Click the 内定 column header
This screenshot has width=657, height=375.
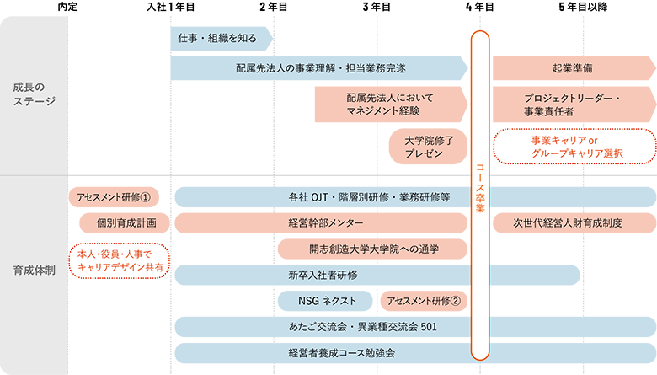pos(67,7)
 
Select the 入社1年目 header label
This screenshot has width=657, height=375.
pos(170,7)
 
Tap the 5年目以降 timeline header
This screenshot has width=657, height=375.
pos(583,7)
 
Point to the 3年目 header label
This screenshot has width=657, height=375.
pos(377,7)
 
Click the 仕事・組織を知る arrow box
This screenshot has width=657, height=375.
pos(222,39)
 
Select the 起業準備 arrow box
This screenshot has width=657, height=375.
pos(574,68)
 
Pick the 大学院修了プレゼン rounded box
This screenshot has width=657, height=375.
pos(428,147)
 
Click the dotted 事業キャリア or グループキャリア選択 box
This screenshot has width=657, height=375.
pos(574,147)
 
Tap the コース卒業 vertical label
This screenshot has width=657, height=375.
pos(480,188)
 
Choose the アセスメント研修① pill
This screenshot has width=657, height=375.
pos(114,197)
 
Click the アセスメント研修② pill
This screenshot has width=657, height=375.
pos(424,301)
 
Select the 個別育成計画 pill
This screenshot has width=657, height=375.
pos(125,223)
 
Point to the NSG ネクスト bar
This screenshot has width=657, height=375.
pos(325,301)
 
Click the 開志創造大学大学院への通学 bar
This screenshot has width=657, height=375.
pos(372,249)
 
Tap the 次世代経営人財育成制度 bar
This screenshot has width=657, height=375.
pos(574,223)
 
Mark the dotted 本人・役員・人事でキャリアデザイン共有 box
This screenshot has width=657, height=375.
pos(120,260)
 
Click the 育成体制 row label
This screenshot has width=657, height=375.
pos(34,271)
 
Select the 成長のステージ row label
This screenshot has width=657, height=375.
pos(34,94)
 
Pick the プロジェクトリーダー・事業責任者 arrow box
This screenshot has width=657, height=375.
pos(574,104)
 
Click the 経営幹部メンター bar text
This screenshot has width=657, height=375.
pos(326,223)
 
